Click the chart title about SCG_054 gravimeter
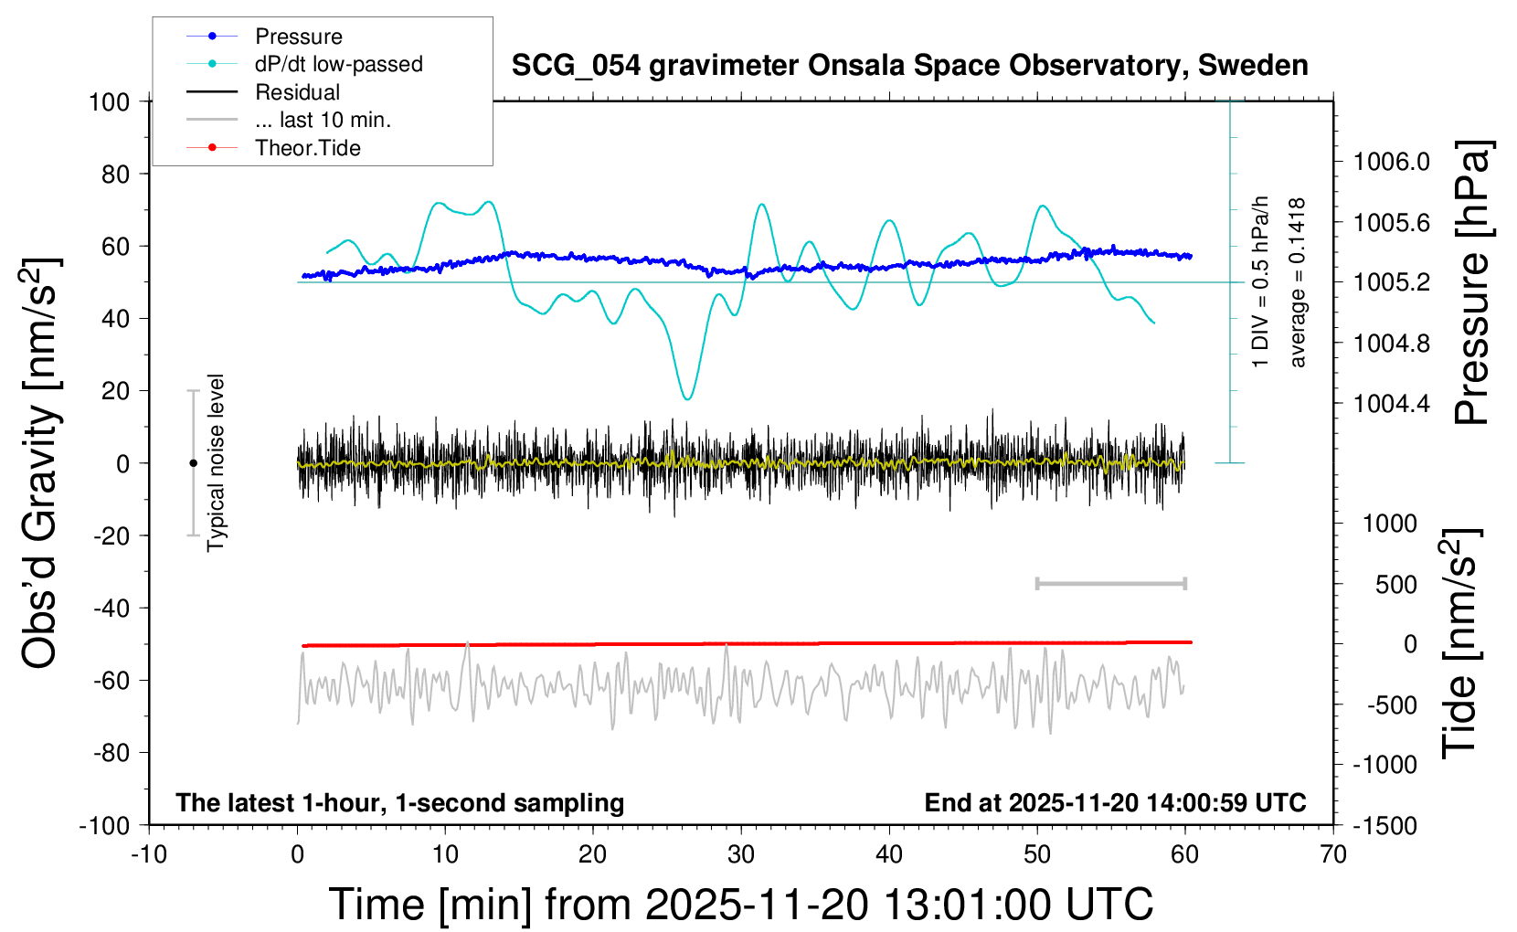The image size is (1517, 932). (909, 66)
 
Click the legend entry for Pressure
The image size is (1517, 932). (298, 37)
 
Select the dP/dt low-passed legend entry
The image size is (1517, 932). (338, 64)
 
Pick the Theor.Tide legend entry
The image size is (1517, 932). (307, 148)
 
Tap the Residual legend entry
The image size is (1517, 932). (297, 92)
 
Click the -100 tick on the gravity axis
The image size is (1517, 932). (104, 825)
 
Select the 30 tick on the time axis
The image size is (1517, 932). (741, 854)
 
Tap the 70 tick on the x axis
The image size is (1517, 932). (1333, 854)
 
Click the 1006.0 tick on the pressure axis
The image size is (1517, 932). (1391, 163)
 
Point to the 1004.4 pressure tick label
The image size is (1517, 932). (1391, 404)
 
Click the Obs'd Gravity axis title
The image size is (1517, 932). (41, 463)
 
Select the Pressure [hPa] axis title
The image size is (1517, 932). (1472, 283)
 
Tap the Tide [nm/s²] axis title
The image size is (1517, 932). (1461, 643)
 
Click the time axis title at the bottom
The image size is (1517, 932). (740, 905)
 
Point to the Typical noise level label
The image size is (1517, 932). (216, 463)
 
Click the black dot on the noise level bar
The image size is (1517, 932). (193, 463)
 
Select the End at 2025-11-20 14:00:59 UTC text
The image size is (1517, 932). (1115, 803)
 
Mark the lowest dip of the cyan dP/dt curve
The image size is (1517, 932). (687, 398)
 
